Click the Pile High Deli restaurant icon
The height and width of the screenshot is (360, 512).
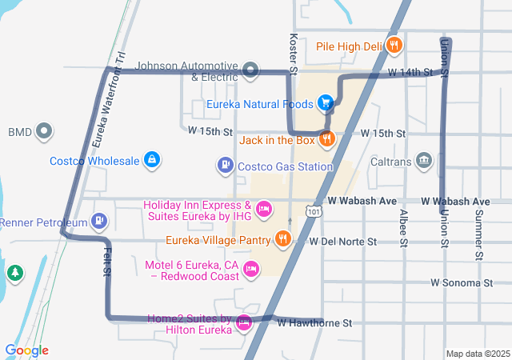click(x=393, y=46)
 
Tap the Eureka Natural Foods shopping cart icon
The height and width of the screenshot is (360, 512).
click(x=326, y=102)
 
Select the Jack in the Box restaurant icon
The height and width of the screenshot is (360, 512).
click(x=326, y=139)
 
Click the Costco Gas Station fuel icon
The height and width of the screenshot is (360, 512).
click(x=225, y=166)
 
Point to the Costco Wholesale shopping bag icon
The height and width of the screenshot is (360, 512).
click(x=151, y=159)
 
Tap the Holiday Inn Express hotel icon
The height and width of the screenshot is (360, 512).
click(x=264, y=210)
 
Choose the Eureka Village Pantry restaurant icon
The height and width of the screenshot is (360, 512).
click(x=282, y=238)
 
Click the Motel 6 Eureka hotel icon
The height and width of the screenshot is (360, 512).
click(x=251, y=269)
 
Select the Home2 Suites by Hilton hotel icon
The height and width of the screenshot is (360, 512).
click(x=243, y=323)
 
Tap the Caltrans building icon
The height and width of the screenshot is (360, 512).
click(x=423, y=161)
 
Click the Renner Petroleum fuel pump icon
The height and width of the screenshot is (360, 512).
click(x=98, y=220)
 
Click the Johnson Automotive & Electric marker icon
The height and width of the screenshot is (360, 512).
click(x=250, y=70)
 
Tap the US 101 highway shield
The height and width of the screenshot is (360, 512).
click(x=311, y=210)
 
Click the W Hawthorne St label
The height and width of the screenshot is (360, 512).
click(x=314, y=323)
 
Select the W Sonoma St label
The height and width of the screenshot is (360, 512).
click(x=461, y=282)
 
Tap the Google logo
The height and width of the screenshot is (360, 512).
click(x=26, y=350)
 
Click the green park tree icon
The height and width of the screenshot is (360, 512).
click(x=14, y=274)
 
